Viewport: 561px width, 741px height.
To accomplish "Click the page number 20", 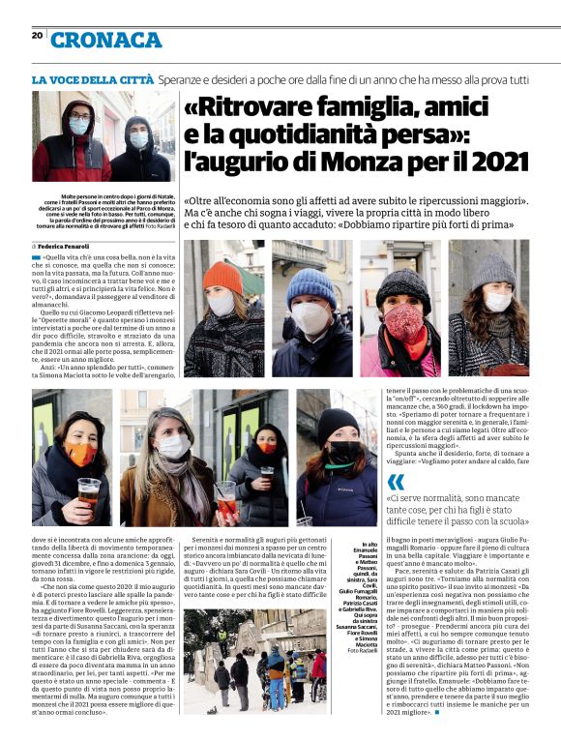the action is coord(37,36).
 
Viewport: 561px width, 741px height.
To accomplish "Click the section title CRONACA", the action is coord(106,40).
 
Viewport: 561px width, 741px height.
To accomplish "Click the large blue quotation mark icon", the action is coord(397,485).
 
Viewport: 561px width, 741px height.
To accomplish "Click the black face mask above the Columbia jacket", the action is coord(343,452).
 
